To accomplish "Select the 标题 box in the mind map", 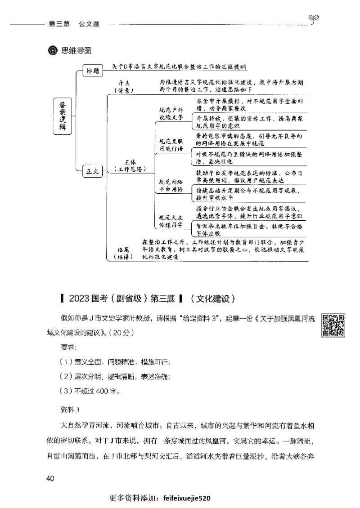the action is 92,71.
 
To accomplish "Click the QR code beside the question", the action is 333,325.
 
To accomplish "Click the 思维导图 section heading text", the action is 76,50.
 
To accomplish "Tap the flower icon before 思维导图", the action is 53,50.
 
